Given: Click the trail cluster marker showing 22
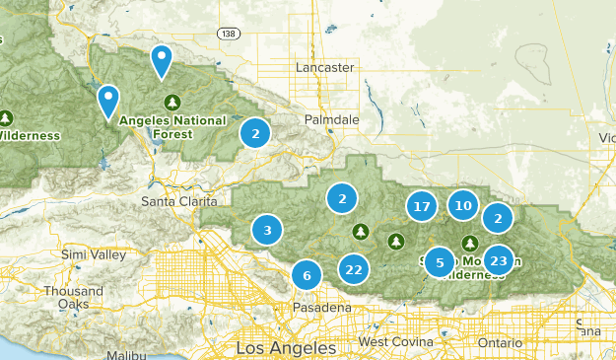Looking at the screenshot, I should [354, 269].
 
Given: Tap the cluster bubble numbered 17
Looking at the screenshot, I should [422, 206].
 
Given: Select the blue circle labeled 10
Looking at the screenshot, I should [463, 205].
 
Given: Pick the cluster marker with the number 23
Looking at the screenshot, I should [498, 260].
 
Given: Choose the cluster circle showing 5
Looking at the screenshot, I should [440, 262].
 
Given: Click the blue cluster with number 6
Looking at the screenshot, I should [307, 275].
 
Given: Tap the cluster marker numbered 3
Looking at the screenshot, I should [266, 231].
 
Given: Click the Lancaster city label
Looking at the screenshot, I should [324, 67].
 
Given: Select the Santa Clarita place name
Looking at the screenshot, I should [176, 201].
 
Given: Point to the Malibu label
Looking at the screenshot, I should [126, 354].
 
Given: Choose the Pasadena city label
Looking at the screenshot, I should [322, 308].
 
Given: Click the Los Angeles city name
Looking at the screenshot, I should [286, 348].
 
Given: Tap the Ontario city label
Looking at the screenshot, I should [500, 341].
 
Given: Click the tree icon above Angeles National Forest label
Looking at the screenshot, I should [173, 102].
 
